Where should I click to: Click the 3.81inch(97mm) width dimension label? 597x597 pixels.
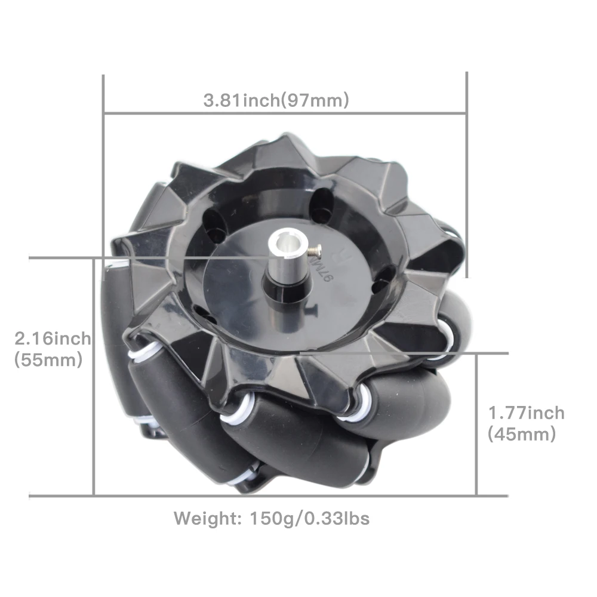pyautogui.click(x=276, y=100)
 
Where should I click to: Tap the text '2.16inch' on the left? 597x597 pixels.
pyautogui.click(x=53, y=338)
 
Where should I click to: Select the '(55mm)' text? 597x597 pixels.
pyautogui.click(x=48, y=359)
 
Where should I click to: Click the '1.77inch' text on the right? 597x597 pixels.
pyautogui.click(x=526, y=413)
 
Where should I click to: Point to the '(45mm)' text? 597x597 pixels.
pyautogui.click(x=522, y=434)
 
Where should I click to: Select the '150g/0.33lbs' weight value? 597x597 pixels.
pyautogui.click(x=309, y=519)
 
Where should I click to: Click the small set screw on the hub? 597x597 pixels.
pyautogui.click(x=315, y=250)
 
